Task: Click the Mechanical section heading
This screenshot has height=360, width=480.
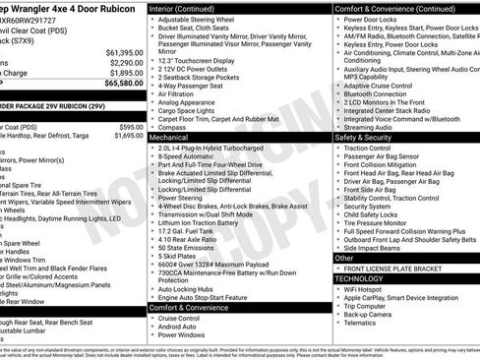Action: (169, 139)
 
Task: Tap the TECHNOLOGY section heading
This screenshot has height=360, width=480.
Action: (366, 278)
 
